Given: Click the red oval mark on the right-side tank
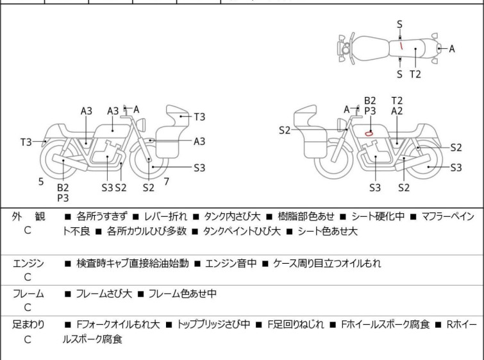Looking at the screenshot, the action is tap(369, 133).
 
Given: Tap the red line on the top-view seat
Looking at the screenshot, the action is tap(401, 46).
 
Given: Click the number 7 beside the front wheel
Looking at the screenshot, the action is tap(167, 182).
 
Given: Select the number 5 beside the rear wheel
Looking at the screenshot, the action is tap(41, 182).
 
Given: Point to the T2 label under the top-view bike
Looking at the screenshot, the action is tap(415, 74).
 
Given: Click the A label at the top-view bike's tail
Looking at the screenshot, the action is tap(452, 49).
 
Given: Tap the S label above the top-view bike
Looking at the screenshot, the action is tap(399, 24).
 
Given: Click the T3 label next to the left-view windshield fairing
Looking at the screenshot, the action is tap(199, 117).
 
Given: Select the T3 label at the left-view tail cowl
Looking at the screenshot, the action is tap(26, 142).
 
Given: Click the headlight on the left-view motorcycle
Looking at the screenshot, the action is tap(141, 125).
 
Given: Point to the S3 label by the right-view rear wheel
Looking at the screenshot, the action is tap(456, 167).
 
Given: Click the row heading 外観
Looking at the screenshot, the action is tap(28, 216).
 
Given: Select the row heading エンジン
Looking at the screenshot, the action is tap(28, 263).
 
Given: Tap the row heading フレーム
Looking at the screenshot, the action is tap(28, 293).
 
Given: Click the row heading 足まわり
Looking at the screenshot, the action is tap(28, 324).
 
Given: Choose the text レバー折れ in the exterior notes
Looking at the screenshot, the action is tap(166, 216).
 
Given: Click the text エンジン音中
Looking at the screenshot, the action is tap(231, 263).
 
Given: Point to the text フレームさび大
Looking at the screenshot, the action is tap(104, 293).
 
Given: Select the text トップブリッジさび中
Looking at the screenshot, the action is tap(213, 324).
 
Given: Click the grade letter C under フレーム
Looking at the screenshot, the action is tap(28, 307).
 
